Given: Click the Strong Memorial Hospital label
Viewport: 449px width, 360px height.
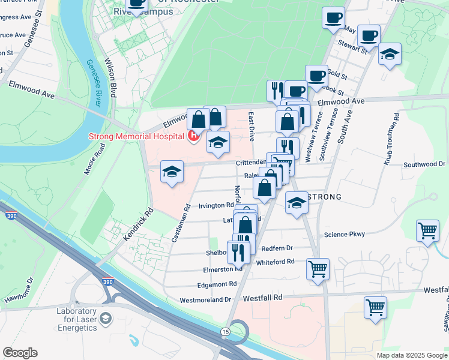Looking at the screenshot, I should tap(136, 136).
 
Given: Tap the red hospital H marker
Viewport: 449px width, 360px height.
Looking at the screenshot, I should tap(194, 137).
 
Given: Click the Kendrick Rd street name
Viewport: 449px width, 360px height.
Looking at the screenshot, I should tap(139, 225).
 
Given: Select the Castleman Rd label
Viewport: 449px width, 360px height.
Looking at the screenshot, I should tap(180, 223).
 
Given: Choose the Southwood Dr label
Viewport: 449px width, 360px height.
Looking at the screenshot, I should tap(424, 164).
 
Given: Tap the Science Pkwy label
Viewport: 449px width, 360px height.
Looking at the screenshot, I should tap(344, 235).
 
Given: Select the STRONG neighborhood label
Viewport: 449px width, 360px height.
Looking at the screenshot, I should tap(324, 197).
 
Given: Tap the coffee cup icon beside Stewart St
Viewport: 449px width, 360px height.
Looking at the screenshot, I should tap(369, 35).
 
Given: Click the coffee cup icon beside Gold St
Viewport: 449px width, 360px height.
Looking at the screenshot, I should tap(316, 76).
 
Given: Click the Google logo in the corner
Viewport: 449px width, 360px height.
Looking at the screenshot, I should tap(20, 353).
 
